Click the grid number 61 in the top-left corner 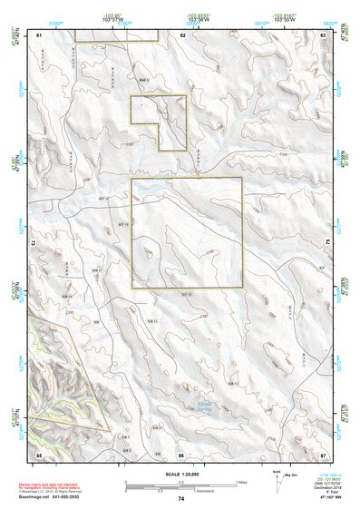[x=39, y=34]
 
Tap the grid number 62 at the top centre [x=182, y=34]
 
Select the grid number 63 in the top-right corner [x=324, y=34]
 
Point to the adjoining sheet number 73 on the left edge [x=33, y=243]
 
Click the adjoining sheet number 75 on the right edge [x=329, y=243]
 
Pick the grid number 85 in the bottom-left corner [x=39, y=454]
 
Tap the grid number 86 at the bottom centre [x=181, y=454]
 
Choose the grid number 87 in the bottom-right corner [x=324, y=454]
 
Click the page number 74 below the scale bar [x=181, y=499]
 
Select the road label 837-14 [x=103, y=198]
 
